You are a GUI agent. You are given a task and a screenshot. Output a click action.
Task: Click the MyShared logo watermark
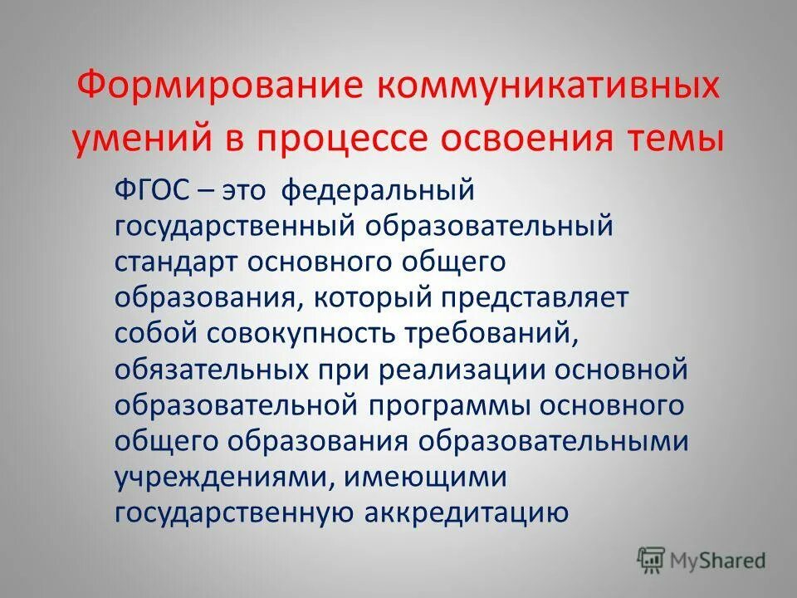point(702,561)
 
